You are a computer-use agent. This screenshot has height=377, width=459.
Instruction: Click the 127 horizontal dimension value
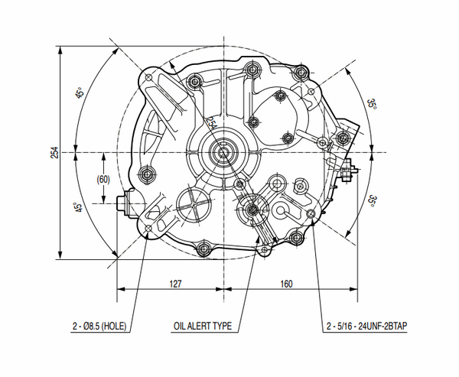(x=175, y=284)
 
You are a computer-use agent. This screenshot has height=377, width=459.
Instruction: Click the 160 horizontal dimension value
(x=286, y=284)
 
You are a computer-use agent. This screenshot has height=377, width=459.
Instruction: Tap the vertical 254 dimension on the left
(x=55, y=152)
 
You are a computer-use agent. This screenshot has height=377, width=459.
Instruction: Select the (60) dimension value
(x=103, y=180)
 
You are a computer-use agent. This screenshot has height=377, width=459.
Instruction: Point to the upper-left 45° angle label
(x=80, y=93)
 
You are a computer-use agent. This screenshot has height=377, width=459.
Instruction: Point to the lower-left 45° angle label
(x=79, y=207)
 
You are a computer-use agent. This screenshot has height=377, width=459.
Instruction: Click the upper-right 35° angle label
(x=372, y=104)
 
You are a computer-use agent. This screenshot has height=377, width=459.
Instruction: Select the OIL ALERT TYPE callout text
(x=203, y=326)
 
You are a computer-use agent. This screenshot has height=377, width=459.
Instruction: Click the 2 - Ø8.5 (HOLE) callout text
(x=99, y=326)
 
